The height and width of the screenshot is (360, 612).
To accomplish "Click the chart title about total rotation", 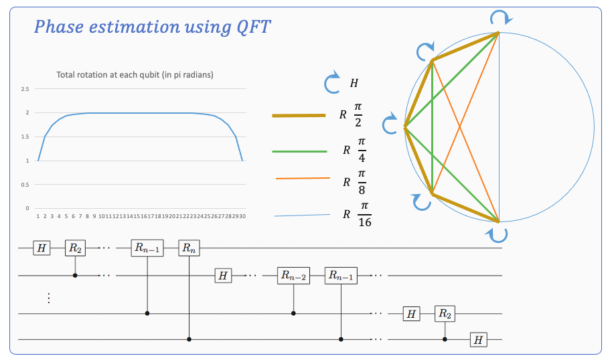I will click(x=135, y=74).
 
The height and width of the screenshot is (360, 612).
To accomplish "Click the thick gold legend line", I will click(x=298, y=115).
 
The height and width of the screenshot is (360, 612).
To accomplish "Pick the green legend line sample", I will click(x=298, y=151).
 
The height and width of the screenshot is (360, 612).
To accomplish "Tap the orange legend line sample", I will click(x=303, y=179).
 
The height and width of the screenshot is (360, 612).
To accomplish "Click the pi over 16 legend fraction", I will click(x=364, y=215).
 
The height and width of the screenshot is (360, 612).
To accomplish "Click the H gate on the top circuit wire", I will click(x=42, y=248).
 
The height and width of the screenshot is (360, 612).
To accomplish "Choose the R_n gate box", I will click(x=189, y=248).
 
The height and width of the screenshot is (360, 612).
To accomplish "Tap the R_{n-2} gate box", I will click(x=293, y=275).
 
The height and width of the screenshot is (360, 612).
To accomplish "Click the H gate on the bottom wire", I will click(x=477, y=340).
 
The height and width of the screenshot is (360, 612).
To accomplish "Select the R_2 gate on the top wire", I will click(x=74, y=248).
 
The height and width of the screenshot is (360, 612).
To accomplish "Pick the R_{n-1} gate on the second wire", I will click(x=341, y=275).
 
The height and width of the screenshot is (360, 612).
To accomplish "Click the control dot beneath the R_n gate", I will click(x=189, y=340).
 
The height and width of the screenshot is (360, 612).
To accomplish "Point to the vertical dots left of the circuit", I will click(x=48, y=298).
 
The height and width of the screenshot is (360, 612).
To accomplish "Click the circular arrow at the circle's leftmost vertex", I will click(x=390, y=124).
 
